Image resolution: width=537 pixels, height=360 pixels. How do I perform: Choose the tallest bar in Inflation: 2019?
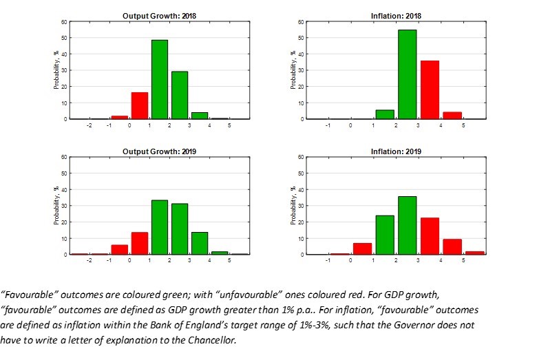pyautogui.click(x=407, y=225)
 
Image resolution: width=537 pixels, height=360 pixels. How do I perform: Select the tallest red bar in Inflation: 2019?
pyautogui.click(x=430, y=236)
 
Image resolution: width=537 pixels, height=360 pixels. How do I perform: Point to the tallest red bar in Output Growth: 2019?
pyautogui.click(x=140, y=243)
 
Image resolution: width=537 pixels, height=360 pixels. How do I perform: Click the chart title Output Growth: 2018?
pyautogui.click(x=159, y=16)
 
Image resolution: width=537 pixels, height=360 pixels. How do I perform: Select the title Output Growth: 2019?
pyautogui.click(x=159, y=151)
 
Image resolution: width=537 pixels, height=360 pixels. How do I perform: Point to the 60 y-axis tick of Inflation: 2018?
pyautogui.click(x=300, y=22)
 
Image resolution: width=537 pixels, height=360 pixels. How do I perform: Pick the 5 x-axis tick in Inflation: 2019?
pyautogui.click(x=463, y=262)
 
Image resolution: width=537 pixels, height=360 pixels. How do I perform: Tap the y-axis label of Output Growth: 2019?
pyautogui.click(x=56, y=206)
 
